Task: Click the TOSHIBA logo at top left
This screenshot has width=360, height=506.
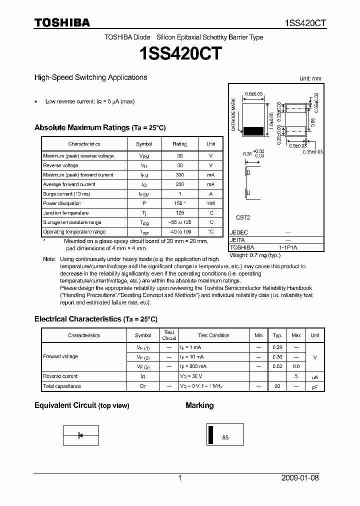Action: [x=62, y=22]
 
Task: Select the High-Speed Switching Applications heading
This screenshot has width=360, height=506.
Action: [x=90, y=77]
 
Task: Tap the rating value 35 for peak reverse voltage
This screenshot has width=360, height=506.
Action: [x=179, y=156]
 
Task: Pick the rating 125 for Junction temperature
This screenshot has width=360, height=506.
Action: [x=179, y=213]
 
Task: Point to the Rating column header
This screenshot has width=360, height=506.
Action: [x=179, y=144]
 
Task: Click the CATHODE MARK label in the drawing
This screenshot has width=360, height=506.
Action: [x=233, y=114]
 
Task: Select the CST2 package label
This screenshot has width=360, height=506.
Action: [x=243, y=217]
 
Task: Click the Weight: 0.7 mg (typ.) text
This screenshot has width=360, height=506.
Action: [x=255, y=255]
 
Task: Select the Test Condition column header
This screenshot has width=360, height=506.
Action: [x=213, y=335]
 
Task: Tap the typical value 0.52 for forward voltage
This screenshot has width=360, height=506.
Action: [x=277, y=366]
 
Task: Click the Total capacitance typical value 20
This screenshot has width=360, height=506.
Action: [x=277, y=386]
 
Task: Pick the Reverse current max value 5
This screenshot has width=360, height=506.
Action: [x=296, y=376]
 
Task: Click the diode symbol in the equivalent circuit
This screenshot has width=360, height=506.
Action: [x=80, y=435]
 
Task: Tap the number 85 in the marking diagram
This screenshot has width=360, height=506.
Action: [x=225, y=437]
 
